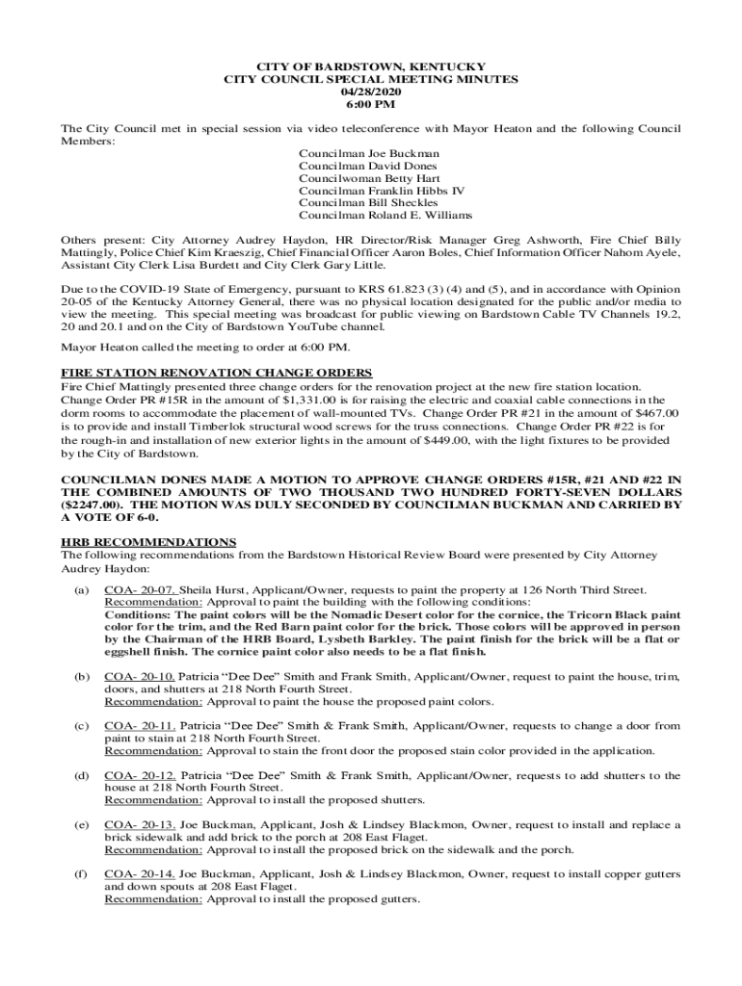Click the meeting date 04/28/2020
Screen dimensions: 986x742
click(x=370, y=91)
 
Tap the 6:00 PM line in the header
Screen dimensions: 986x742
click(x=370, y=104)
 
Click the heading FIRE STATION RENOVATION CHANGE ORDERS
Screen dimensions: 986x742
click(x=217, y=373)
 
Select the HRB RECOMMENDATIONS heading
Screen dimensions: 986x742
click(x=148, y=542)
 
